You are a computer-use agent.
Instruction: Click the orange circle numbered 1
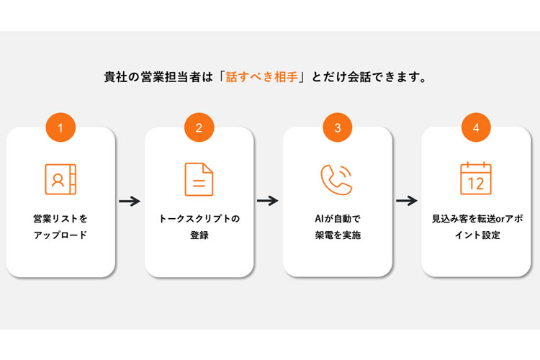[61, 127]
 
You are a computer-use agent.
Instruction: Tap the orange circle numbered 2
[199, 127]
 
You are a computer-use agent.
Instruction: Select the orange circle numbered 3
[337, 127]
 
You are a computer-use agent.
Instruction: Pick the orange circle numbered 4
[475, 127]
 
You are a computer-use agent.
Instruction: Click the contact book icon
[60, 179]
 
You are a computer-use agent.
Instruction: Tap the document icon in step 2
[199, 179]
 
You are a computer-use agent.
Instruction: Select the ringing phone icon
[336, 179]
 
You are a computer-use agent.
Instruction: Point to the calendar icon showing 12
[475, 179]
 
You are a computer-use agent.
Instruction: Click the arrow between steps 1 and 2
[130, 201]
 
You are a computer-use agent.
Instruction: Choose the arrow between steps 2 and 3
[268, 201]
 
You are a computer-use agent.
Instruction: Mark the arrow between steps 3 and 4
[407, 201]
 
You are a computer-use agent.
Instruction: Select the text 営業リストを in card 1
[60, 217]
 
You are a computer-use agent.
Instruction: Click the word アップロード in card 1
[60, 235]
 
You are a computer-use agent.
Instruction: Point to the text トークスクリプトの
[199, 217]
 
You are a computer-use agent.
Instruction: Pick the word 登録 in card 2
[199, 235]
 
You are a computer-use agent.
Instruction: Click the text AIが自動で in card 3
[337, 217]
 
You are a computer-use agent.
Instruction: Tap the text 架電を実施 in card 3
[337, 235]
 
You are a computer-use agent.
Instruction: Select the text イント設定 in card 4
[475, 235]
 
